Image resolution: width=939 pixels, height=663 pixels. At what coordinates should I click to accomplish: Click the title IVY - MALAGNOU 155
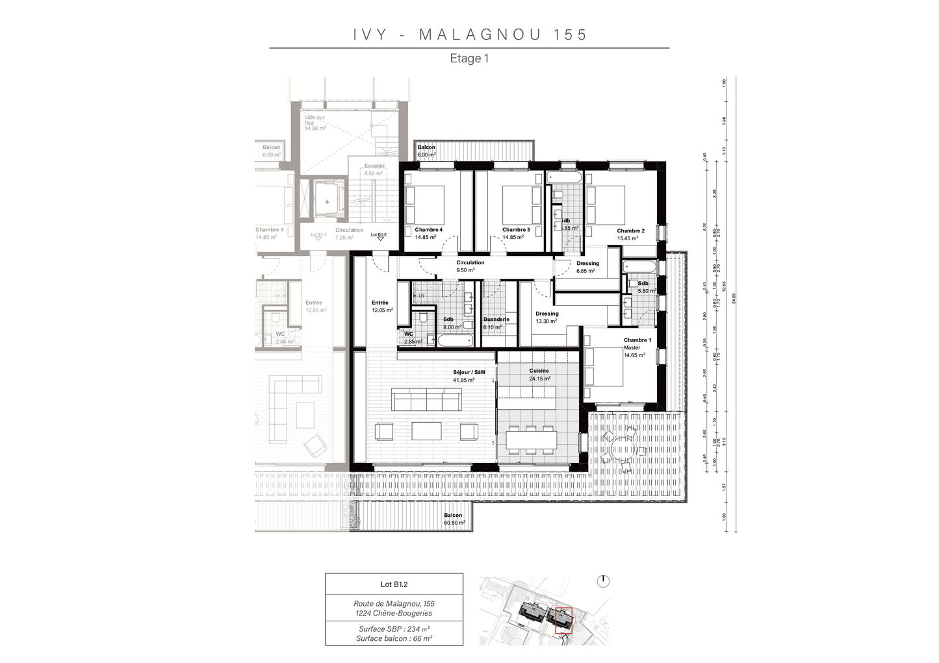470,34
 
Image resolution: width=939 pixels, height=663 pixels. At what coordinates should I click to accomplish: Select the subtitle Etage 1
469,58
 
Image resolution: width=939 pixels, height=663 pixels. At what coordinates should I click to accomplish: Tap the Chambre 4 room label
428,230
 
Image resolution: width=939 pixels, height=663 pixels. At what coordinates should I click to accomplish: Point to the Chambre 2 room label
630,231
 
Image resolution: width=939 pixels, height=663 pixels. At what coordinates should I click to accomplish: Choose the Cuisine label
539,371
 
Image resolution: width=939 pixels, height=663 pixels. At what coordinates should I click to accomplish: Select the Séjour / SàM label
469,372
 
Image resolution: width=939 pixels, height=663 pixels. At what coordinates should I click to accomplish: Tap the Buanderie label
496,319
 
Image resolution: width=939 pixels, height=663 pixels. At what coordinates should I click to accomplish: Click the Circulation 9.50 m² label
470,266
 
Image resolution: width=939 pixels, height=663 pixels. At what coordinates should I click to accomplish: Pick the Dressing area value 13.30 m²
546,321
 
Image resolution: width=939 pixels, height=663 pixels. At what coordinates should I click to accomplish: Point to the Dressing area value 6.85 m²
585,271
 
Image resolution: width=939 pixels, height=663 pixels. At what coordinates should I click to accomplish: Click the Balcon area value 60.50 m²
454,523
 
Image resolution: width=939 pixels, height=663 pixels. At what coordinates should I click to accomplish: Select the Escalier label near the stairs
374,166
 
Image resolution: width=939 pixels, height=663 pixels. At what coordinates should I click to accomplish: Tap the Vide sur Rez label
315,120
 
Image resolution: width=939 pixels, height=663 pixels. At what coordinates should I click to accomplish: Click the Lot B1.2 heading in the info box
394,584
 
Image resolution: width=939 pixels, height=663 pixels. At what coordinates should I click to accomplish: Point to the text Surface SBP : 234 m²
394,629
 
